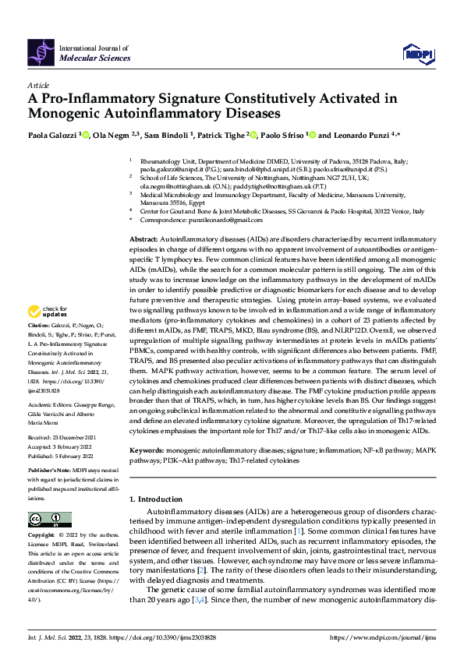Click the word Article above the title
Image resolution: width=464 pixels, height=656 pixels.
38,84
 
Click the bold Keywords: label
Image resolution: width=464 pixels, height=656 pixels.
146,450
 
